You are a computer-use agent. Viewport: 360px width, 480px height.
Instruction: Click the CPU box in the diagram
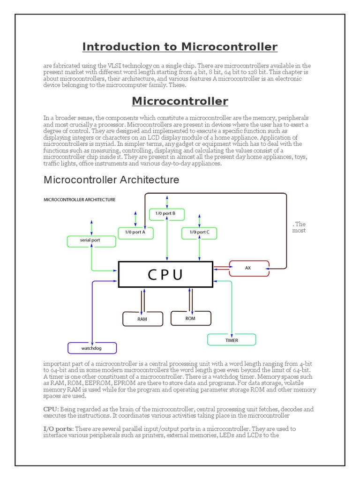[x=165, y=275]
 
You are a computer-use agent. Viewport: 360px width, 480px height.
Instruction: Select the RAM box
[x=142, y=319]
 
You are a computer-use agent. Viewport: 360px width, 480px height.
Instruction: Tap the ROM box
[x=190, y=318]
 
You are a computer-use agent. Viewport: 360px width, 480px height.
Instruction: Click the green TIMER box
[x=232, y=339]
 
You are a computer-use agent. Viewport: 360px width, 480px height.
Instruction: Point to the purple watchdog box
[x=92, y=348]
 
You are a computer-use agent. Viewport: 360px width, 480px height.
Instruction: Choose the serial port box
[x=90, y=241]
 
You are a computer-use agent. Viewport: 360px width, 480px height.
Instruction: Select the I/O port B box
[x=166, y=214]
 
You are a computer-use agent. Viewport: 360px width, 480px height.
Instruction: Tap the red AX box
[x=248, y=268]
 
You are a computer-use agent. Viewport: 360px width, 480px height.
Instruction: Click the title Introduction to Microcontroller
[x=180, y=47]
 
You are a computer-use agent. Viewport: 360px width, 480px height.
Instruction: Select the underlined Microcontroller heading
[x=180, y=101]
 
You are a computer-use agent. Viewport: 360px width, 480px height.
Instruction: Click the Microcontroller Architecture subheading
[x=111, y=180]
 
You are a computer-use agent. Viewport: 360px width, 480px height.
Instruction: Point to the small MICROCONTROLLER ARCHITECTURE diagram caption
[x=79, y=200]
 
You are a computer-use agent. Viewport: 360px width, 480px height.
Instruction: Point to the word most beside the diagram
[x=299, y=231]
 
